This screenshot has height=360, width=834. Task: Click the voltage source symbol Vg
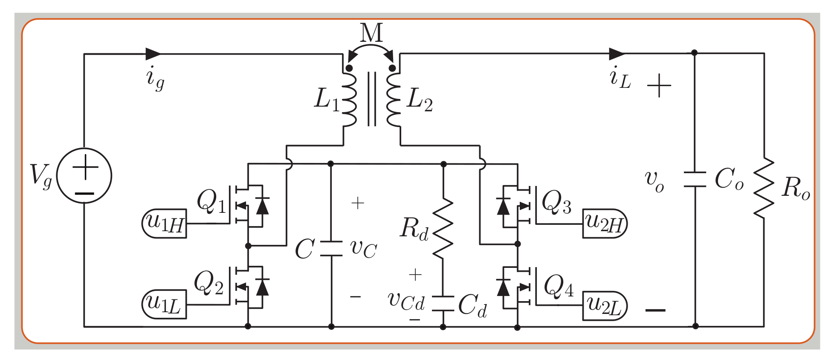point(84,175)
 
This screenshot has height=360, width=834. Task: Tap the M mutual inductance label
point(371,32)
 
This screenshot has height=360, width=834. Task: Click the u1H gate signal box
point(165,223)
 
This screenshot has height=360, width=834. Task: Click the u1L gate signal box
point(165,305)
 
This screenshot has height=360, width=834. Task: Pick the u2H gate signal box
point(605,223)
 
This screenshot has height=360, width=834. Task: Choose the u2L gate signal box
point(605,305)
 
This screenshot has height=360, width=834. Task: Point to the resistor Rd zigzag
point(443,229)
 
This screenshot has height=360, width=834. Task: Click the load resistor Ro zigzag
point(763,188)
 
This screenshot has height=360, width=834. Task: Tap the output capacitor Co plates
point(695,180)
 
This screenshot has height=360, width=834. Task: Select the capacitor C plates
point(331,249)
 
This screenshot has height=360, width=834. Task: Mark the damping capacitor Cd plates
point(443,303)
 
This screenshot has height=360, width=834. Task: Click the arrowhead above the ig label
point(153,54)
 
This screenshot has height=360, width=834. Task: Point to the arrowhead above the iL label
point(617,54)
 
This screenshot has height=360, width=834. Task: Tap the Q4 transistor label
point(559,286)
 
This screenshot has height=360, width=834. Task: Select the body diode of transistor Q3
point(503,206)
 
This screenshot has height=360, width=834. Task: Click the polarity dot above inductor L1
point(349,68)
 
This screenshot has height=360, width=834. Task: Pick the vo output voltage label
point(654,181)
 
